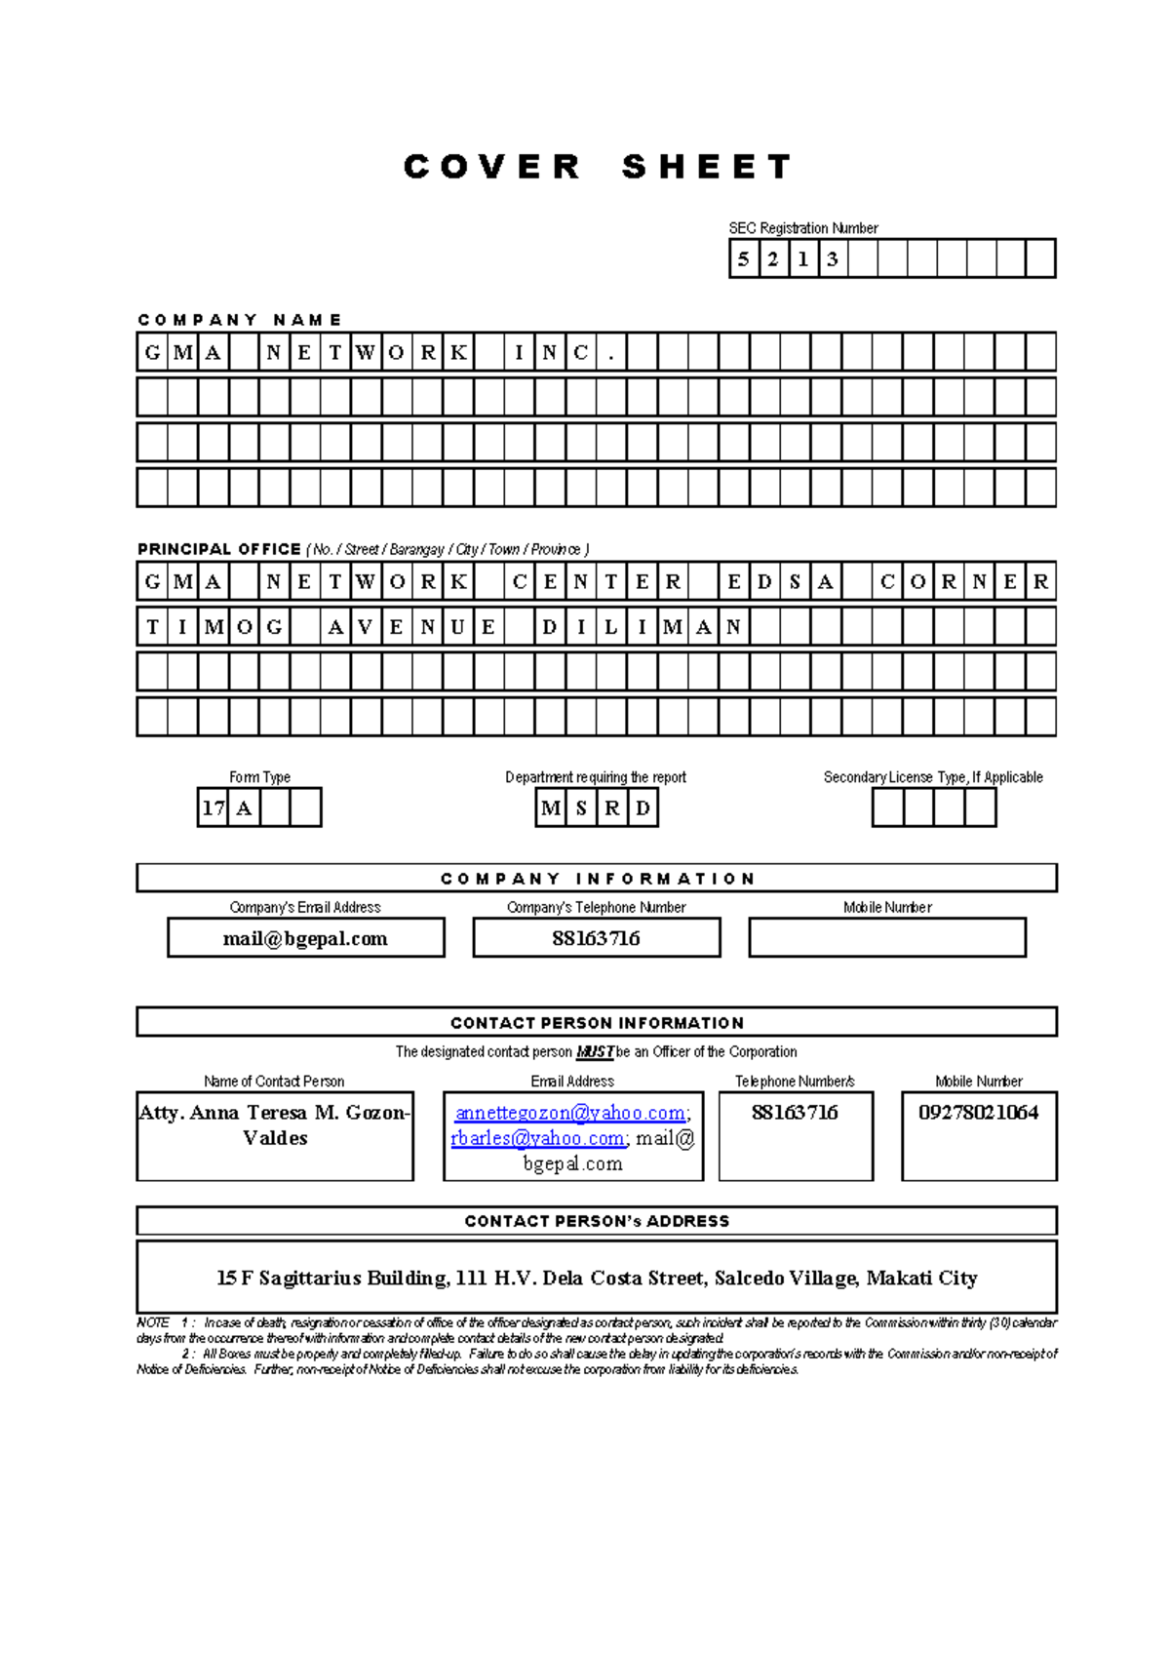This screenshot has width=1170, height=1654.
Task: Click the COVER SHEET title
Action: click(x=597, y=167)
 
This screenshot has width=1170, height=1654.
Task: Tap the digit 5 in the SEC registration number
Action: click(x=744, y=259)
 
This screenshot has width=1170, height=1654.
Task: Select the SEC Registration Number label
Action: click(x=802, y=228)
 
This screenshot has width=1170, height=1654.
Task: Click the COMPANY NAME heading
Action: click(x=239, y=320)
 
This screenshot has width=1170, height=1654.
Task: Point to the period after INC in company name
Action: click(x=611, y=353)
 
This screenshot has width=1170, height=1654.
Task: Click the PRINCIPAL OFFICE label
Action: click(x=219, y=549)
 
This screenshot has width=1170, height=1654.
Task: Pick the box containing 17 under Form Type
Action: click(x=213, y=807)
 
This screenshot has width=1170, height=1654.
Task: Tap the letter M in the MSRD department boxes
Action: click(x=551, y=807)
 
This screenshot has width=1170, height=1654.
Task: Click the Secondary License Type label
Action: click(x=932, y=777)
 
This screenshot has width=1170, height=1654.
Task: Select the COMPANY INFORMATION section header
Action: click(x=597, y=879)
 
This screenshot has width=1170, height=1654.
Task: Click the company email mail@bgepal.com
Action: click(x=305, y=938)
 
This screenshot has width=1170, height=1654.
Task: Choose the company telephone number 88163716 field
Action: click(x=596, y=938)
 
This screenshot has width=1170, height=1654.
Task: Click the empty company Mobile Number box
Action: click(x=886, y=938)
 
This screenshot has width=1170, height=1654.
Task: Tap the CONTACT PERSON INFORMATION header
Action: click(x=597, y=1023)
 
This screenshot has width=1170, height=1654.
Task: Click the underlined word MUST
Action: click(x=595, y=1052)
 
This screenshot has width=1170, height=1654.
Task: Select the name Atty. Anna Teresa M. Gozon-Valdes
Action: click(x=275, y=1124)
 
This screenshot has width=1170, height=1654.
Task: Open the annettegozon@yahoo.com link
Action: click(x=570, y=1113)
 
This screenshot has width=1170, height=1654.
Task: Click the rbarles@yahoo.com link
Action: click(x=537, y=1138)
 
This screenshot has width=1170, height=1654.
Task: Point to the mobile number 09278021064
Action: click(x=978, y=1113)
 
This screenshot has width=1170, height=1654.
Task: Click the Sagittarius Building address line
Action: click(x=597, y=1278)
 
